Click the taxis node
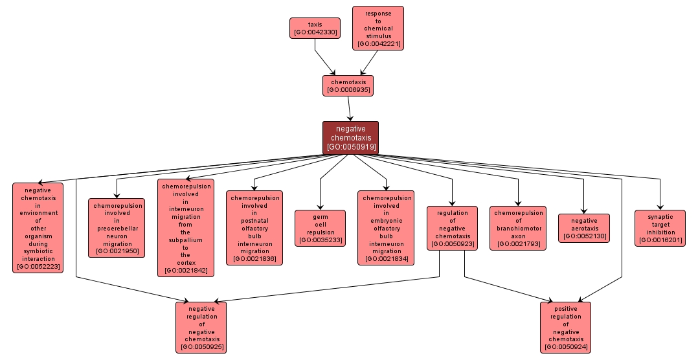click(x=315, y=28)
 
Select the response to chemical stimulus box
click(x=378, y=28)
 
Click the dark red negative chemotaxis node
click(x=350, y=138)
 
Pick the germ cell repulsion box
click(x=320, y=228)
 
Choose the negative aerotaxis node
click(x=584, y=228)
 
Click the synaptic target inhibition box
click(x=660, y=228)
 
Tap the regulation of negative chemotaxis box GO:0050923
click(x=452, y=228)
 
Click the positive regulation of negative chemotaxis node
click(x=566, y=327)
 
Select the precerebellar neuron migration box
click(x=117, y=228)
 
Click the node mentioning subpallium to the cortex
click(x=186, y=228)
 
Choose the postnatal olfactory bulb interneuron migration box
click(x=254, y=228)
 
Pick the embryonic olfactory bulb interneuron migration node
click(x=387, y=228)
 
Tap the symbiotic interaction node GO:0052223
click(x=38, y=228)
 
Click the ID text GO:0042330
click(x=315, y=32)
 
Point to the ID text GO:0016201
click(x=660, y=240)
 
